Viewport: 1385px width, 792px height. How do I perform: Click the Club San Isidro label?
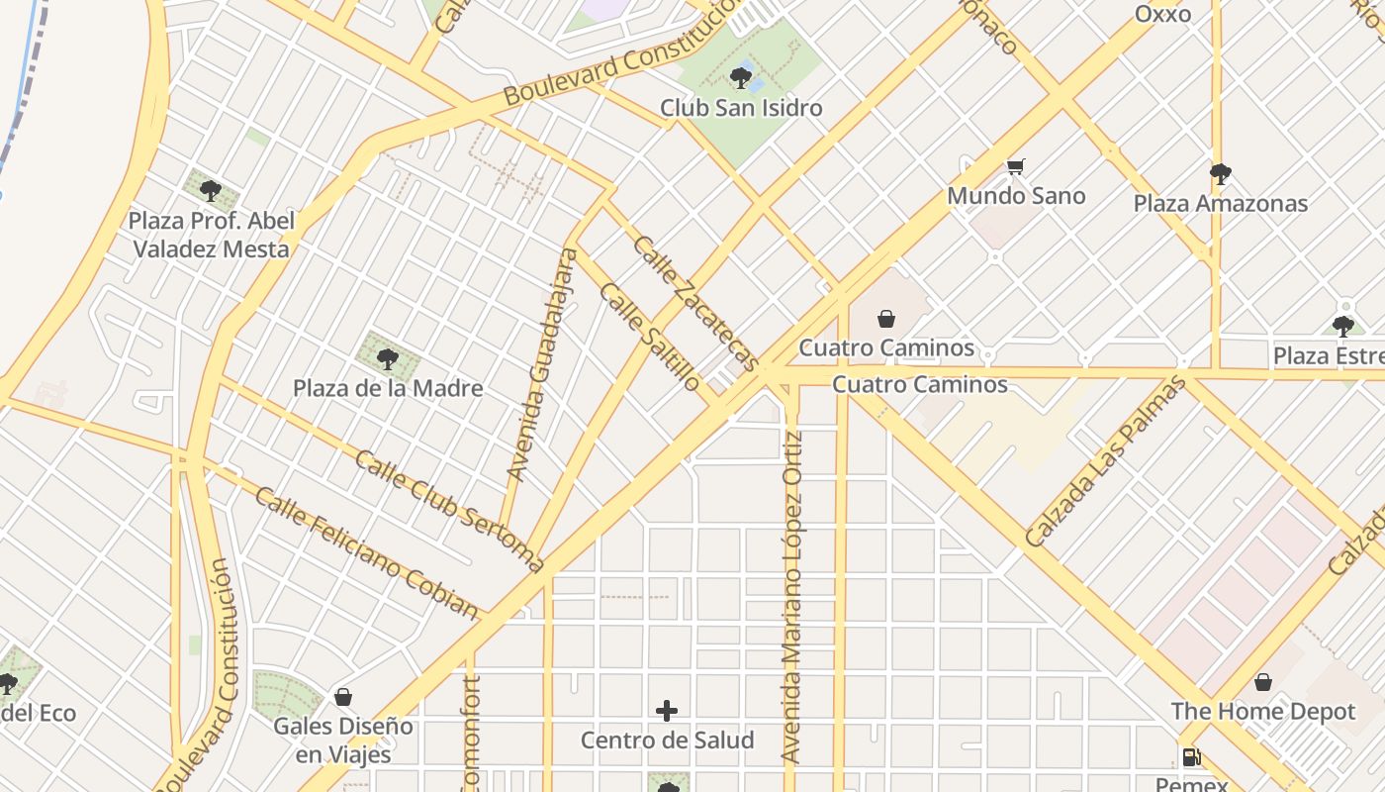coord(741,107)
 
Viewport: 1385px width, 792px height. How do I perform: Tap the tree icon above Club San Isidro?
coord(740,77)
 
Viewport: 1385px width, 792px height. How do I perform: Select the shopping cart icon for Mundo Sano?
coord(1016,166)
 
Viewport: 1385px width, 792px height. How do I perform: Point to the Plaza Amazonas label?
coord(1220,203)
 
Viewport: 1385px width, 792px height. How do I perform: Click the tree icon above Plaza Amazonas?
coord(1221,174)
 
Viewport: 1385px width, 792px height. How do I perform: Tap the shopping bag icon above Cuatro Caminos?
coord(886,319)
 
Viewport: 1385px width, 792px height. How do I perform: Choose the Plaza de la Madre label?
coord(388,388)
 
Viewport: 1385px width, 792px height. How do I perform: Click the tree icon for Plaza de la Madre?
coord(388,358)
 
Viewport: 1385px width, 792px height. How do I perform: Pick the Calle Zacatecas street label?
coord(694,303)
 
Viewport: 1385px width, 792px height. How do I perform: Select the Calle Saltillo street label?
coord(651,338)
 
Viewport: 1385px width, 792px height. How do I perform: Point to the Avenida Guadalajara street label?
coord(542,364)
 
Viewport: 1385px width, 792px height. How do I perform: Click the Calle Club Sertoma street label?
coord(449,511)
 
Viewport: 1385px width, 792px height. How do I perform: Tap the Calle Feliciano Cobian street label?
coord(366,551)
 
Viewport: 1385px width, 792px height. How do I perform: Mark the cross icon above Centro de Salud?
coord(667,710)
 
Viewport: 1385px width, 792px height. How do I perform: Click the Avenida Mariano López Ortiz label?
coord(791,597)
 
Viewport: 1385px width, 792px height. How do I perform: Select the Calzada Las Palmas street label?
coord(1105,462)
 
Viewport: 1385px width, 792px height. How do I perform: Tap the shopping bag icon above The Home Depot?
coord(1263,682)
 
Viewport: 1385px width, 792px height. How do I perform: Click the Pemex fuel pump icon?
coord(1191,757)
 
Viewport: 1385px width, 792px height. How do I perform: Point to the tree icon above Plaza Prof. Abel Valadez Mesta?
coord(210,190)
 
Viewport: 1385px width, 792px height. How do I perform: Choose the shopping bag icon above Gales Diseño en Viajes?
coord(343,697)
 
